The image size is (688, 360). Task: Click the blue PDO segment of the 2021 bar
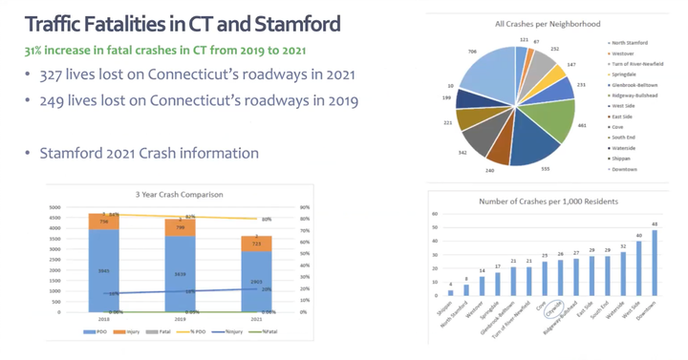click(257, 282)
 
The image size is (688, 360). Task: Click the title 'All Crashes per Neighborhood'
click(533, 21)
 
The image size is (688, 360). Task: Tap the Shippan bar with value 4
click(451, 292)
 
